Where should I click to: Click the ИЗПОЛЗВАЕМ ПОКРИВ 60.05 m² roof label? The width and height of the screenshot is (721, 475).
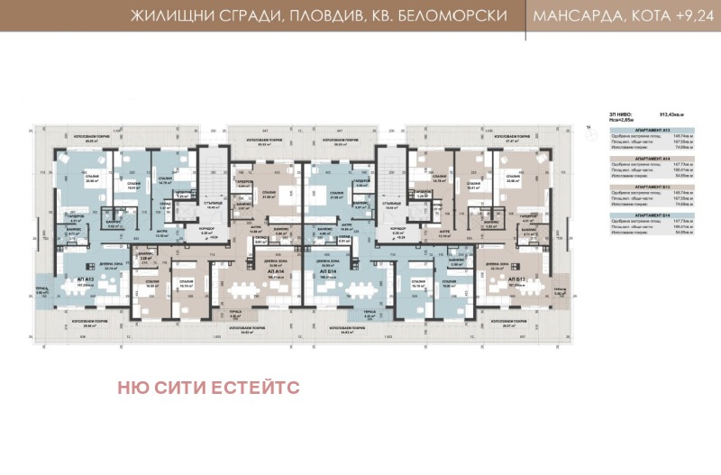(90, 140)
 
